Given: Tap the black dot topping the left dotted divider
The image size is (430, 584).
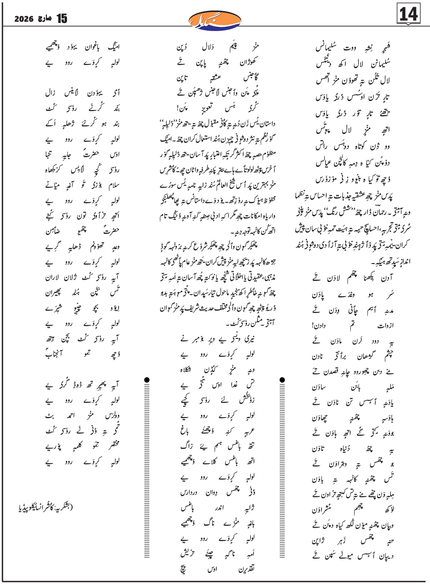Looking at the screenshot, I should pyautogui.click(x=147, y=380).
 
